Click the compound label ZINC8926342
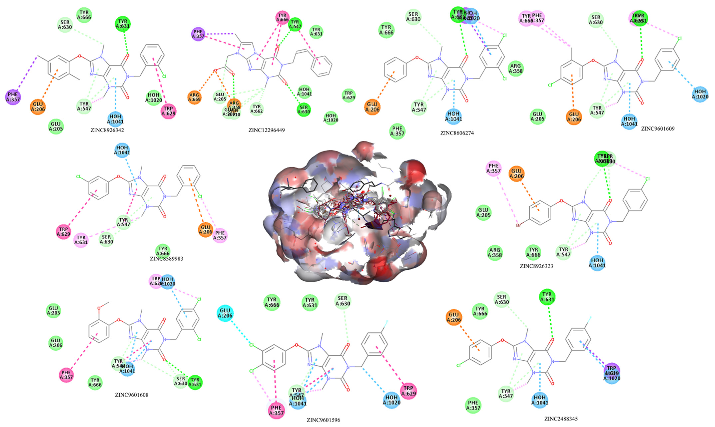pos(107,130)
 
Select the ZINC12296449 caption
pos(266,130)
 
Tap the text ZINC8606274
pos(457,133)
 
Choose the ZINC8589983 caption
pos(166,258)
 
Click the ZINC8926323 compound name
pos(536,266)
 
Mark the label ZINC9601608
pos(132,395)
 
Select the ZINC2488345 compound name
pos(561,419)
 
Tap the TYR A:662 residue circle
pos(257,109)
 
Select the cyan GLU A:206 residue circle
pos(225,313)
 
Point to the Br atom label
pos(518,225)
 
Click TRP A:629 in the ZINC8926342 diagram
pos(168,111)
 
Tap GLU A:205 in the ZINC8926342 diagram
pos(56,127)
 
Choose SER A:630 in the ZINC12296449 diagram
pos(304,110)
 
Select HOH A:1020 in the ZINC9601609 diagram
pos(700,94)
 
